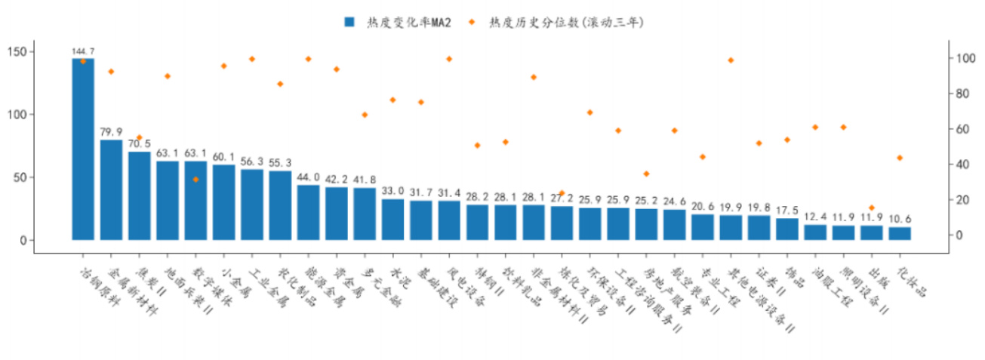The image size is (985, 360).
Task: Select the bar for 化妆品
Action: point(899,233)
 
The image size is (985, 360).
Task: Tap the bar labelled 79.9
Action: point(111,189)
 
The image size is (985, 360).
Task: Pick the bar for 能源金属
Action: point(308,212)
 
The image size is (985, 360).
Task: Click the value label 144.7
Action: point(83,51)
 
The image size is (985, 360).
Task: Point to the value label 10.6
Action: point(899,220)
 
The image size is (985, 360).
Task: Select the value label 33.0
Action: point(392,192)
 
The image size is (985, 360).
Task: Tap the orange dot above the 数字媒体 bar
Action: point(195,180)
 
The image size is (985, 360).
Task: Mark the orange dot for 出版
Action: point(871,208)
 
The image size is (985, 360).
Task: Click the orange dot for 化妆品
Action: point(899,158)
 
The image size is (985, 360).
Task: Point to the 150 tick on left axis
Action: point(20,51)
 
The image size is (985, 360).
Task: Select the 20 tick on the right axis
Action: point(962,200)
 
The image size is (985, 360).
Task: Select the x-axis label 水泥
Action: point(399,275)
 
